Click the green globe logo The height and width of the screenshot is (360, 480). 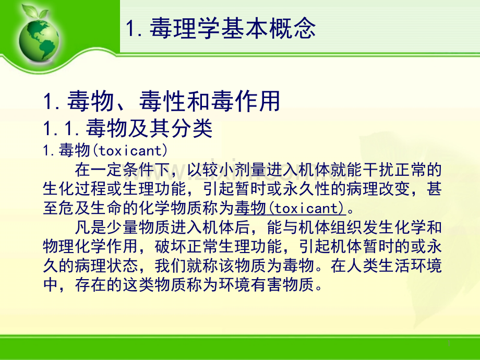[39, 40]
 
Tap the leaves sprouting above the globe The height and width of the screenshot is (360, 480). [35, 11]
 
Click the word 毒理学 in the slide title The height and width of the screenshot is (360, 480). [185, 28]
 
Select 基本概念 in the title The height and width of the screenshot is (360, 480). [268, 28]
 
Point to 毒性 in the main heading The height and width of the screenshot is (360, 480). [163, 101]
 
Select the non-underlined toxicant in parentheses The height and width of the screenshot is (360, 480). [132, 151]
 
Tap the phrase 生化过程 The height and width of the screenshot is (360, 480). [75, 189]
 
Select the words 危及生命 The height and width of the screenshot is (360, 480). [91, 208]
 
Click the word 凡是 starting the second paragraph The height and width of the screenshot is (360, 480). [91, 227]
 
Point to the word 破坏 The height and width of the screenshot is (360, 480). [171, 246]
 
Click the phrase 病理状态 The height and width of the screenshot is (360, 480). [106, 266]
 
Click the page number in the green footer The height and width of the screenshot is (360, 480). [449, 343]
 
